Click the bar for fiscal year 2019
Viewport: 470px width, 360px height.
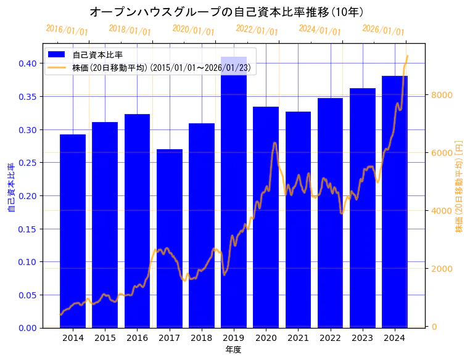pos(234,192)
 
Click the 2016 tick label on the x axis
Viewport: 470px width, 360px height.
pos(137,338)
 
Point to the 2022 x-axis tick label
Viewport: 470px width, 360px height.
pos(330,338)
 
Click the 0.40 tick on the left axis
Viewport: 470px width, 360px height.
pos(28,63)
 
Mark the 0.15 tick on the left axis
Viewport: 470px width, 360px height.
pos(28,229)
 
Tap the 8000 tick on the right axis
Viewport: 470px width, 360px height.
pos(443,95)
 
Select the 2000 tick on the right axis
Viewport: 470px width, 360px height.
pos(443,269)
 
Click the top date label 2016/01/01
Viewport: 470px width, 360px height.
pos(67,30)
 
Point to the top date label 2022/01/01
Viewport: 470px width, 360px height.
pos(257,30)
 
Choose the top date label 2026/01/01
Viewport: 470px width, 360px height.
pos(383,30)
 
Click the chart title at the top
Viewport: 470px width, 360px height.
pos(226,12)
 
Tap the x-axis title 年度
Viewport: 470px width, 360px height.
pos(233,350)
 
